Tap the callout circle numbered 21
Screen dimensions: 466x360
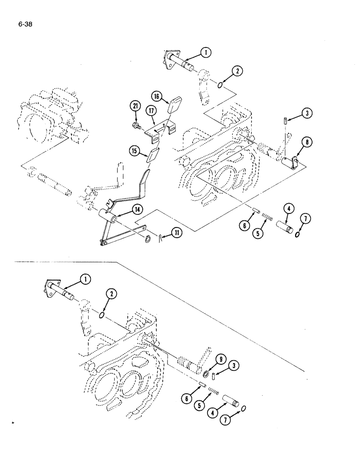136,107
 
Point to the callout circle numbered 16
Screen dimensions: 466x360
157,96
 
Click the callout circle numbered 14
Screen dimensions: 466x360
137,210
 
